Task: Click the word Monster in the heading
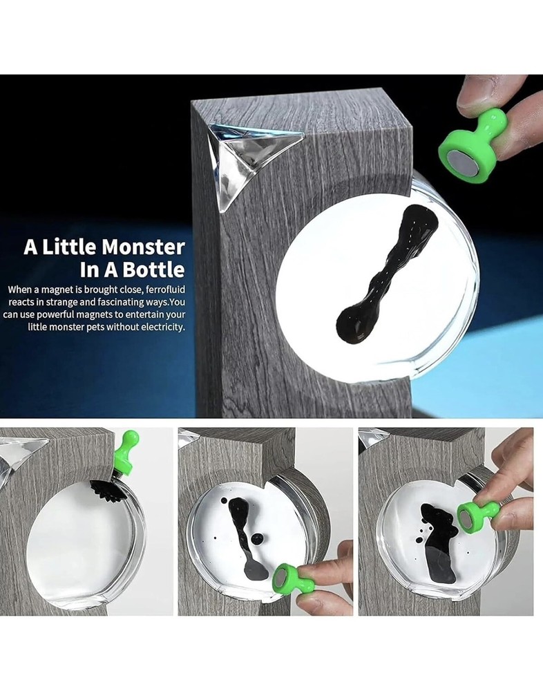coord(143,247)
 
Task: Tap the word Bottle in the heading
coord(154,269)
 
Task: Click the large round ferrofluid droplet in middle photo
coord(257,539)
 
